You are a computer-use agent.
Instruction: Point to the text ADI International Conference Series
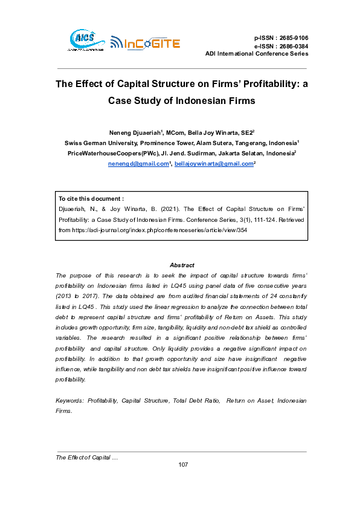257,54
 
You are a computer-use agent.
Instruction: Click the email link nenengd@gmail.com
138,164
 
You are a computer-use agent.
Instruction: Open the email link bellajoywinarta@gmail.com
213,164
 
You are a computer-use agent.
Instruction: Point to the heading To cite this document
91,198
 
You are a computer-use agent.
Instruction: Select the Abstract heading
182,265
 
